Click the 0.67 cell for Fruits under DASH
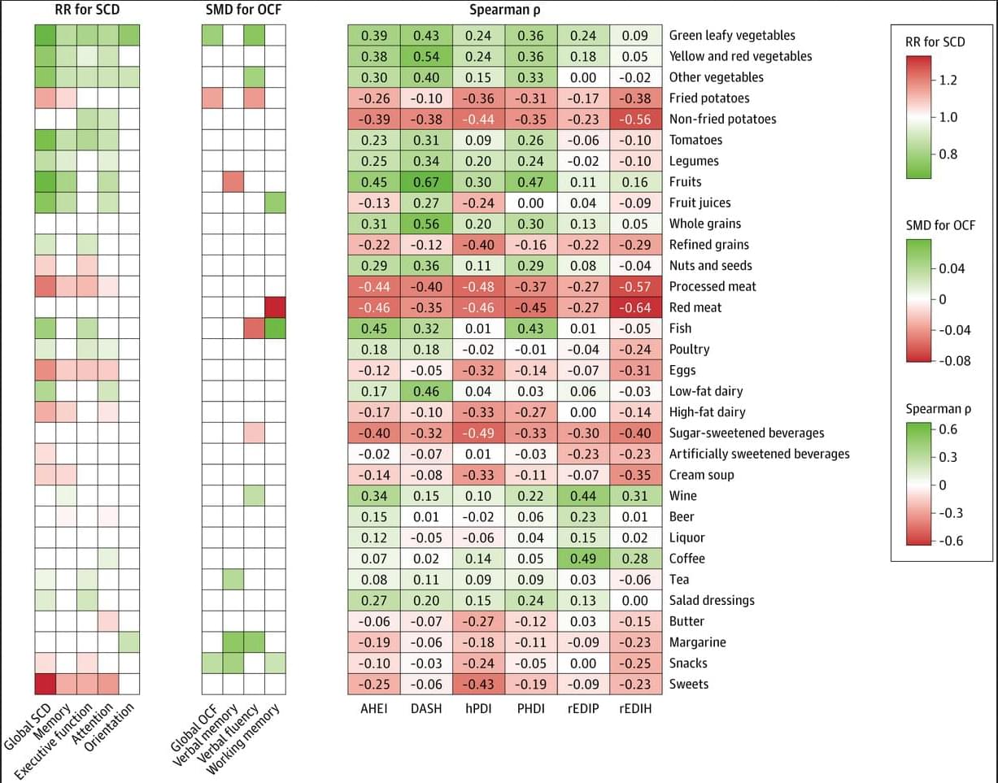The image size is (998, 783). coord(426,181)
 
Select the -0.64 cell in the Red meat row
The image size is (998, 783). coord(635,307)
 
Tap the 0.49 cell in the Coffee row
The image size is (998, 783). coord(583,559)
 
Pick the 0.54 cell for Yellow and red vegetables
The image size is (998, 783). coord(426,56)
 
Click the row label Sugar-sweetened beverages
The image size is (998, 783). coord(746,433)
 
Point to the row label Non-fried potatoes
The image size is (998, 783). coord(722,119)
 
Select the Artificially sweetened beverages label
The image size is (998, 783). coord(759,454)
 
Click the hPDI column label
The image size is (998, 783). coord(478,708)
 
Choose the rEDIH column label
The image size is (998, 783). coord(635,708)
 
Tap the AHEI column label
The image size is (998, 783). coord(374,708)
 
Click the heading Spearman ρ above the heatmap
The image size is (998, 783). coord(504,10)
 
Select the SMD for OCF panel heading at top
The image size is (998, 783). coord(243,10)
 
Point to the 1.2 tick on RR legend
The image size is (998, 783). coord(948,80)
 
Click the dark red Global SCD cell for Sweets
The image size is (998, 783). coord(45,684)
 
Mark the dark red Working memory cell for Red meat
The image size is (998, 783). coord(275,307)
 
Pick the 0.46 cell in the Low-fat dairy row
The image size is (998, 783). coord(426,391)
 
